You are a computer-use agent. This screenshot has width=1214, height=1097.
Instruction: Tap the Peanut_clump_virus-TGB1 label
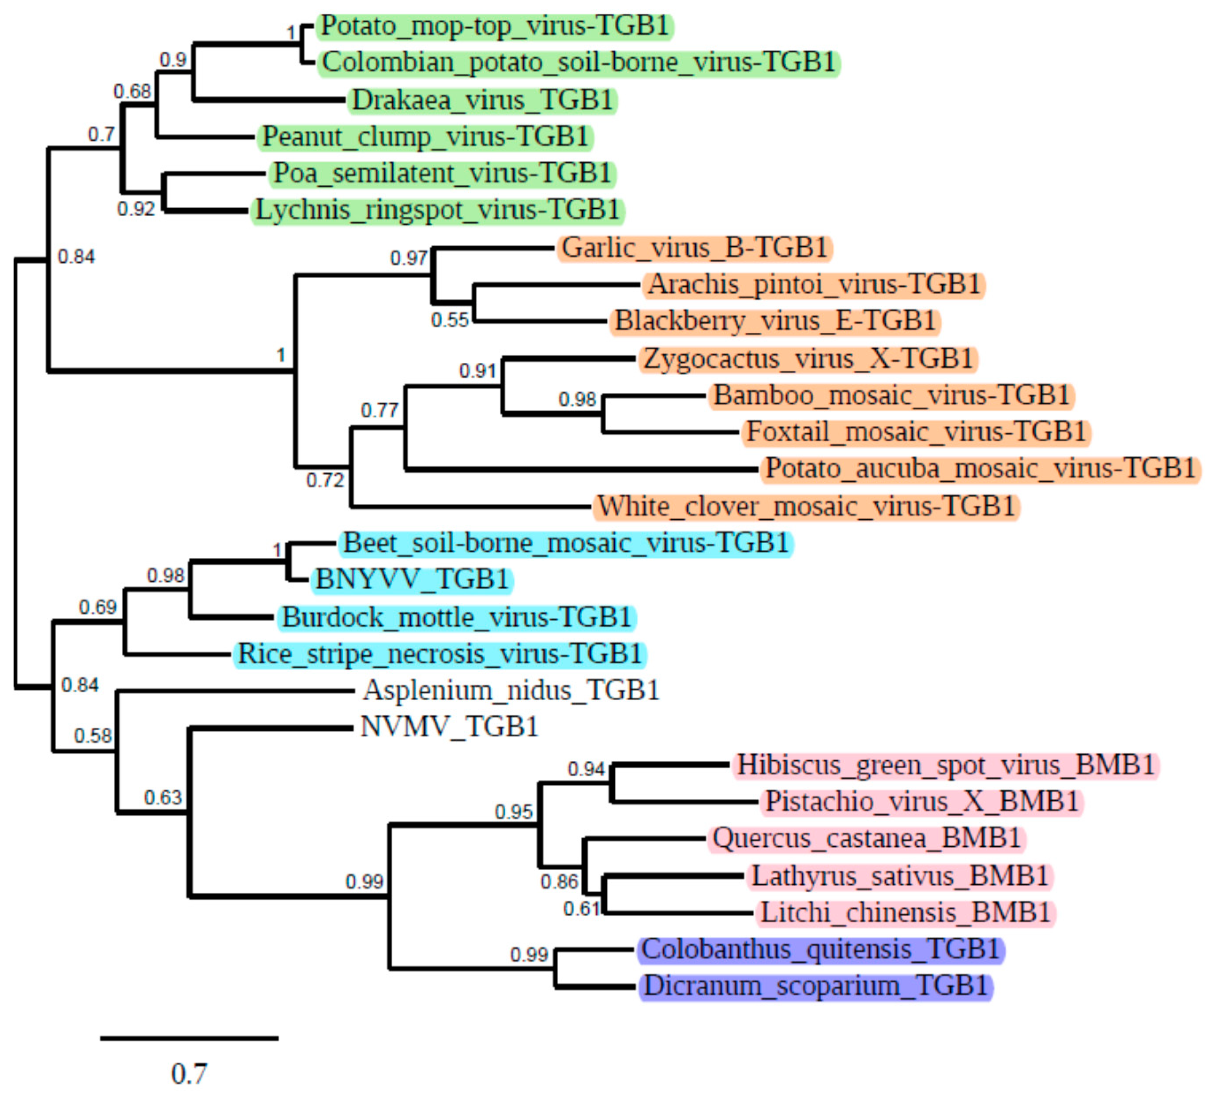point(425,137)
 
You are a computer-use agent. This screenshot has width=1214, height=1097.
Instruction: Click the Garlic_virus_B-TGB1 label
point(694,248)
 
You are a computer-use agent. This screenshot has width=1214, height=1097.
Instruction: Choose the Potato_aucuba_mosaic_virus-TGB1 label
point(980,469)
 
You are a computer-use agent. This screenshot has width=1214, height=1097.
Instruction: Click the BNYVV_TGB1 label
point(412,580)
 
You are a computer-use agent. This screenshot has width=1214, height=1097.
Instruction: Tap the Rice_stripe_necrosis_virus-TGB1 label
point(440,654)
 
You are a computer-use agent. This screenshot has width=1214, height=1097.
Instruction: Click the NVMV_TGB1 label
point(449,727)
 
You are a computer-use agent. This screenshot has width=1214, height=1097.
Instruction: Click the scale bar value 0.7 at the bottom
point(189,1074)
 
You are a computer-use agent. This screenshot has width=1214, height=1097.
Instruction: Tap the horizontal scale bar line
point(189,1038)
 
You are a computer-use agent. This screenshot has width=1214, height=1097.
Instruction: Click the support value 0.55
point(449,320)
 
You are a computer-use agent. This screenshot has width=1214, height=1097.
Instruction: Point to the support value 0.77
point(380,411)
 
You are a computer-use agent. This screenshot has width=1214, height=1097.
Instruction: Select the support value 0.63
point(162,798)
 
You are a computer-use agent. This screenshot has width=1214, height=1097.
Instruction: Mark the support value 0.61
point(581,909)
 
